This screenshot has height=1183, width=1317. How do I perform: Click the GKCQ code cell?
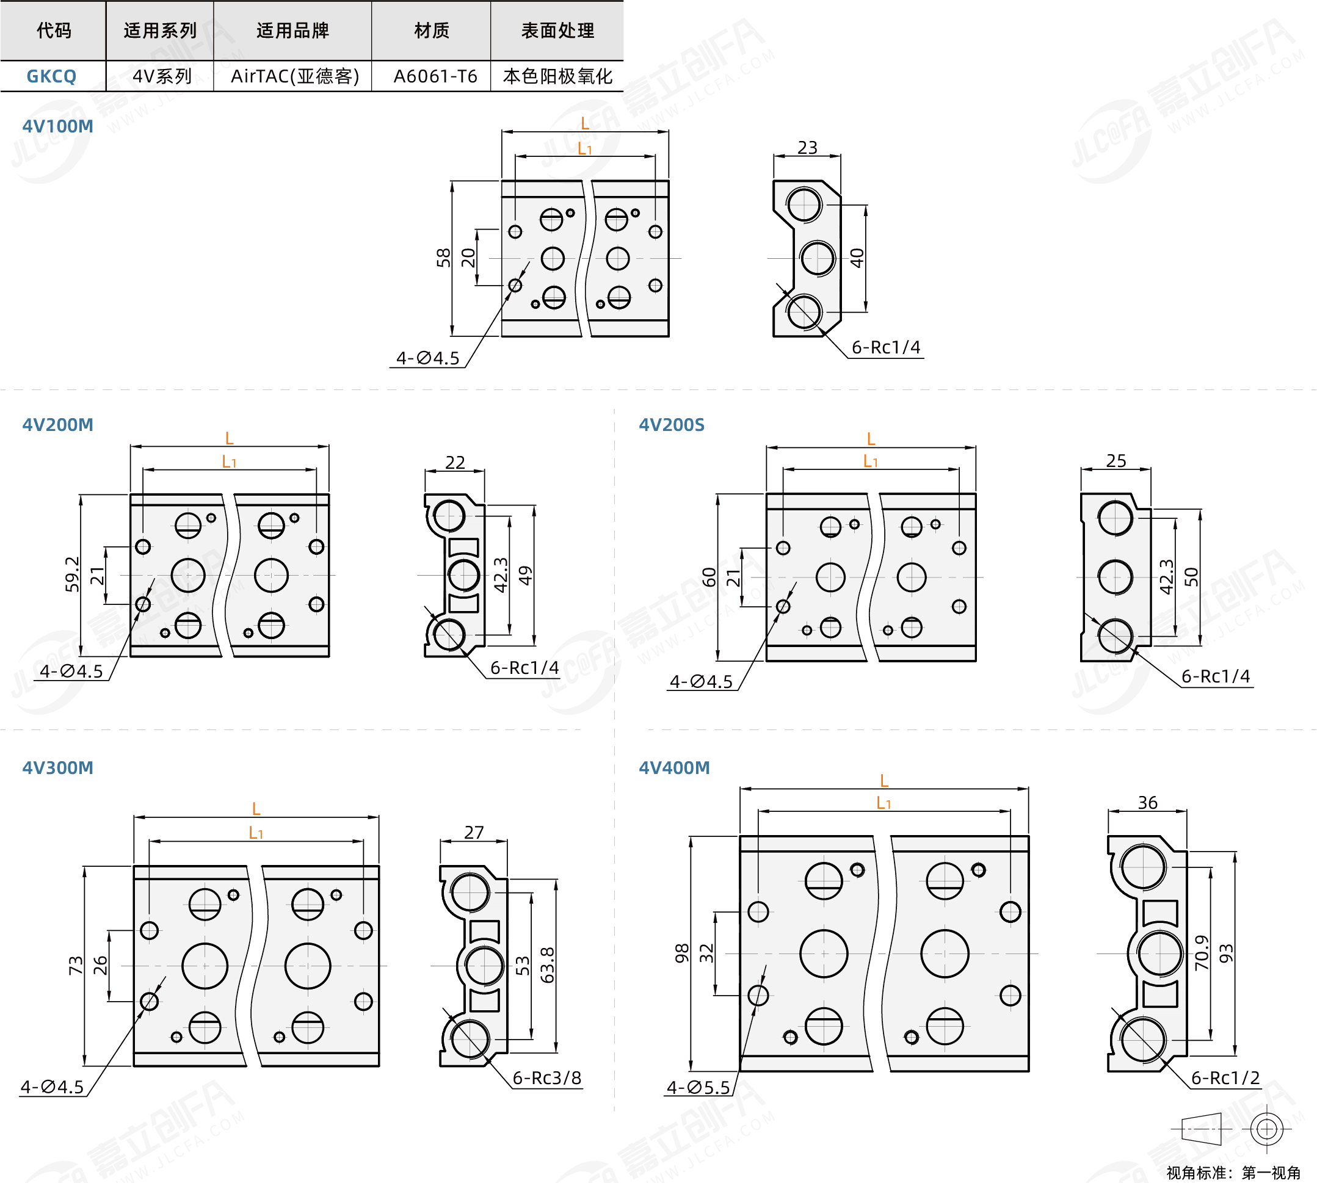coord(51,76)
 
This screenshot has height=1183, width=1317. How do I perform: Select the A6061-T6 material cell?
coord(435,76)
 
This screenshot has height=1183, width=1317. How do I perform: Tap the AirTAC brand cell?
coord(294,76)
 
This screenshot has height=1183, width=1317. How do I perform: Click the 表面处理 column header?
coord(557,31)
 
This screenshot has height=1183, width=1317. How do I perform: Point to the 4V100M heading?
coord(58,126)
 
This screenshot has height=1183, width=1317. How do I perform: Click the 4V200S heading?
coord(672,424)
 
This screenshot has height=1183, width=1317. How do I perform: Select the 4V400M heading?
coord(674,768)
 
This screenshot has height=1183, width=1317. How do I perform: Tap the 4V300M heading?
coord(58,768)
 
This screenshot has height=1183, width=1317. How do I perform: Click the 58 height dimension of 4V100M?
coord(443,258)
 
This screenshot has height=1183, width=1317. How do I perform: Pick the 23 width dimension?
coord(807,148)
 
